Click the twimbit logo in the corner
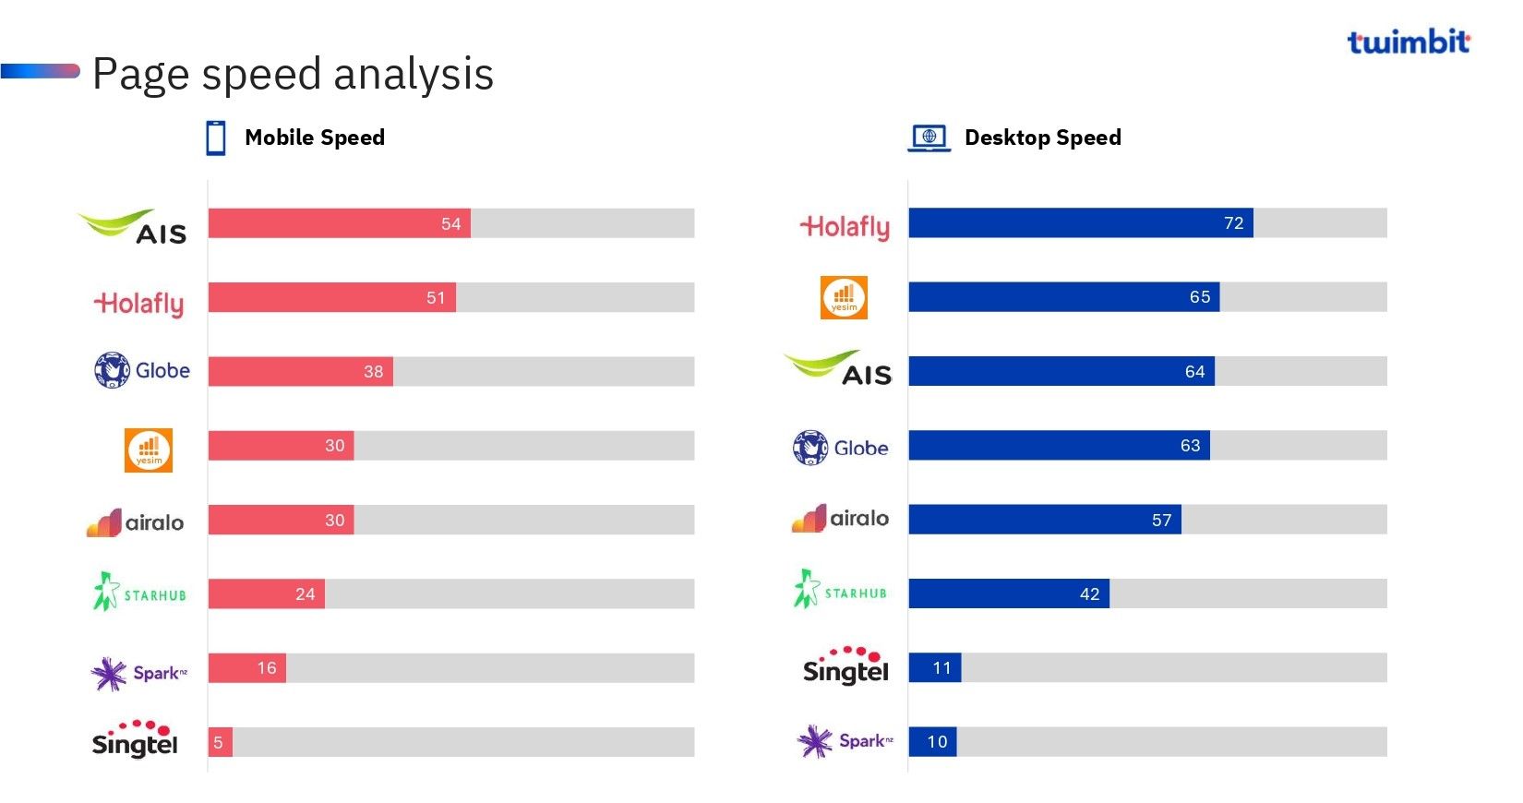tap(1408, 42)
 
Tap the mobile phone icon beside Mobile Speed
tap(216, 138)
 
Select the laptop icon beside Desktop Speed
tap(929, 138)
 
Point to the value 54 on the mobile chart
tap(450, 224)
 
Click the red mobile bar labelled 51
tap(332, 297)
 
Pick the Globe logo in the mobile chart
tap(142, 371)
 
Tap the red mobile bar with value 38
tap(300, 372)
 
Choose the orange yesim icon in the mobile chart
tap(149, 450)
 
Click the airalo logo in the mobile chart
tap(136, 522)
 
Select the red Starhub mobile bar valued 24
tap(266, 593)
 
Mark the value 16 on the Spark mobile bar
tap(267, 668)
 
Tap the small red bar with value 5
tap(220, 742)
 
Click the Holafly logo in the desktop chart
tap(845, 227)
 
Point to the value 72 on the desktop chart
tap(1233, 223)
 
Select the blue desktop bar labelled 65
tap(1063, 297)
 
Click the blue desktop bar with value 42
tap(1008, 593)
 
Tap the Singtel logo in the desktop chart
tap(845, 665)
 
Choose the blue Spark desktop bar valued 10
tap(932, 742)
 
